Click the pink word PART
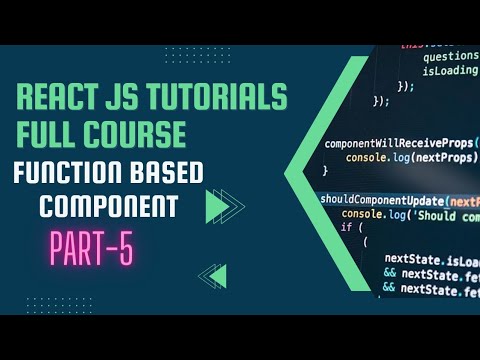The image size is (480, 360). (x=78, y=249)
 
